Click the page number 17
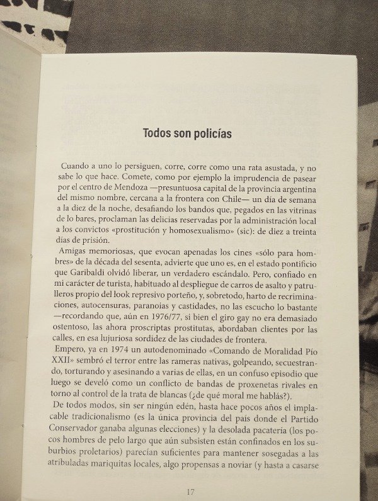[x=192, y=491]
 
